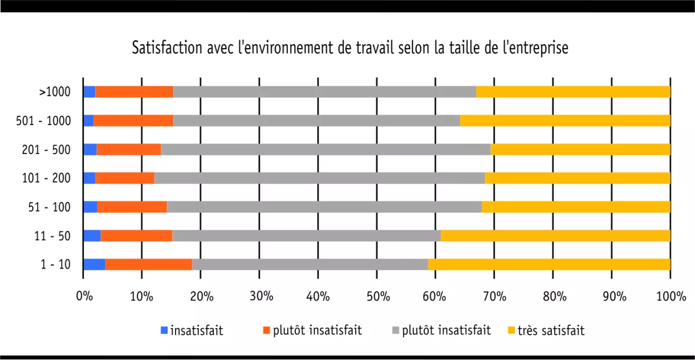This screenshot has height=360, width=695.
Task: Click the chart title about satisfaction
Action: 350,47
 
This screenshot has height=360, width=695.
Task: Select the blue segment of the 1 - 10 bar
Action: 94,264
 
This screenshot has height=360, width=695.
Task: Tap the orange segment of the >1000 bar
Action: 134,91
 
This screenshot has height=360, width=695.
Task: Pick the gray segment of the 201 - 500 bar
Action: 325,149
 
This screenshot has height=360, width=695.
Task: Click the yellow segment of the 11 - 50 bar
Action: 555,236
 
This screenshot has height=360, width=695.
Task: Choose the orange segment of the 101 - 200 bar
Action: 125,178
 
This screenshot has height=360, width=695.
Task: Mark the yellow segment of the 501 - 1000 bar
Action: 565,120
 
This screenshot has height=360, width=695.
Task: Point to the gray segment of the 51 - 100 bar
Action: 324,207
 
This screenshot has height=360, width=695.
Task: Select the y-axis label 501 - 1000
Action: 44,120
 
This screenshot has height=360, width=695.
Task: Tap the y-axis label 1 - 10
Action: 56,265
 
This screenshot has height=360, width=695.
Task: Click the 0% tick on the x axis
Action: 85,297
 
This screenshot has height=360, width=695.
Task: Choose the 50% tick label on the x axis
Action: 376,297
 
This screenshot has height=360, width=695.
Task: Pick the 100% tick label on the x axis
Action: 670,297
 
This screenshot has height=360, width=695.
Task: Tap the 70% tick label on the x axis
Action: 494,297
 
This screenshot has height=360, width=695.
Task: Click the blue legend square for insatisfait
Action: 164,330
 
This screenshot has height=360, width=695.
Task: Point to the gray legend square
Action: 395,330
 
